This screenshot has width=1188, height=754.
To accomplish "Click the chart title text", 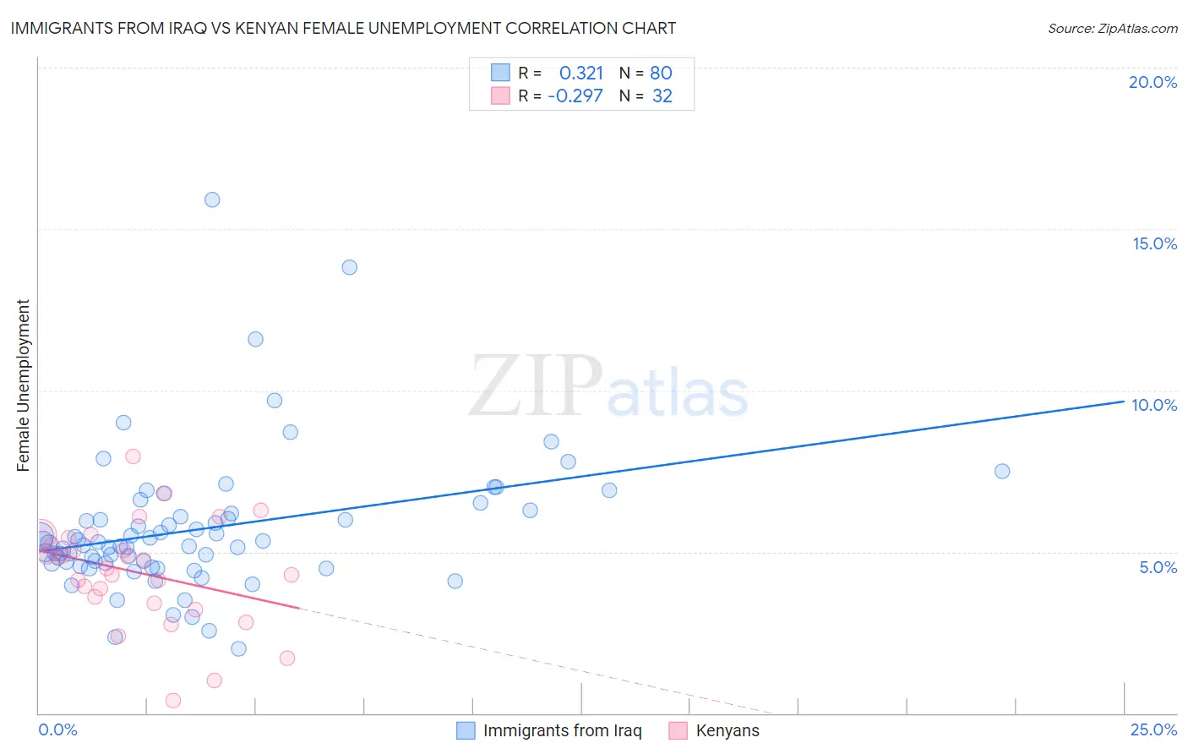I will point(343,28).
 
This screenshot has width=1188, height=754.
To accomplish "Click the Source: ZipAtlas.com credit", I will point(1112,28).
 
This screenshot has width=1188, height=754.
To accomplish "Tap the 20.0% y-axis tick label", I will point(1153,82).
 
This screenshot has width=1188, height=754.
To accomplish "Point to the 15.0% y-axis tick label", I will point(1154,243).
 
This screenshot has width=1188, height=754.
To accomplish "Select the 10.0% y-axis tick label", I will point(1154,405).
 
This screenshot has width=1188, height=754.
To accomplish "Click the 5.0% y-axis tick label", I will point(1158,567).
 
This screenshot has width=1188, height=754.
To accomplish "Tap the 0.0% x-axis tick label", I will point(57,729).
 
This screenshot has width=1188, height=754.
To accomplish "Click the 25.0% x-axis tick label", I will point(1153,729).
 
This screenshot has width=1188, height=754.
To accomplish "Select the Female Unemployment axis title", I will point(23,385).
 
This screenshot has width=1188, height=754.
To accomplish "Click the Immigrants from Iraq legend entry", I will point(562,730).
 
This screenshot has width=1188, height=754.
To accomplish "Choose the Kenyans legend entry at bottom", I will point(727,730).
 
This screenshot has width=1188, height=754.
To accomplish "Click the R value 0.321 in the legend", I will point(580,74).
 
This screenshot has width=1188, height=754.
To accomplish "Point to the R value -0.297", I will point(575,96).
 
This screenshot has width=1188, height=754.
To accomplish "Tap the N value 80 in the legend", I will point(661,74).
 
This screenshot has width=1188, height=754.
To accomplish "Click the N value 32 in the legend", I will point(662,96).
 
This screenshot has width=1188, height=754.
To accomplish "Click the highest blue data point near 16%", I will point(212,199).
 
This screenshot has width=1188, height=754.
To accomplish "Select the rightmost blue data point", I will point(1002,471).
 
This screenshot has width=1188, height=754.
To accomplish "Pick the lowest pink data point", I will point(173,700).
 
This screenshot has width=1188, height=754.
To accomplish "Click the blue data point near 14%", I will point(349,267).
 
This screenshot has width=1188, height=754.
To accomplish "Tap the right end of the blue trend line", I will point(1123,402).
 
